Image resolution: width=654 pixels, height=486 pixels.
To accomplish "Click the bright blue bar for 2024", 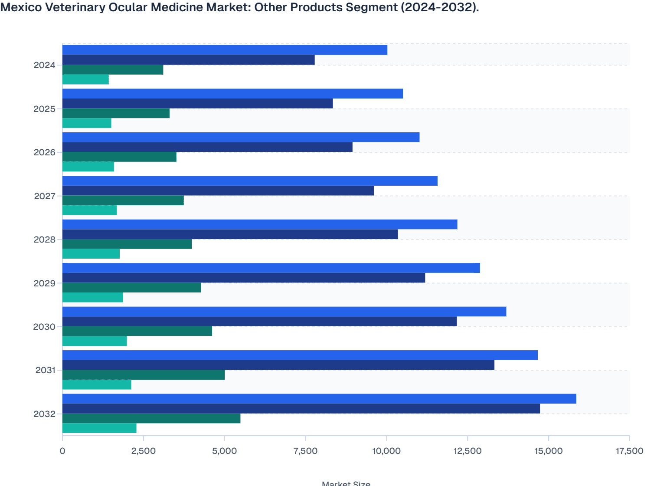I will [x=225, y=50].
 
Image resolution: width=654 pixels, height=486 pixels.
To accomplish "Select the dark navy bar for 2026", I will [x=207, y=147].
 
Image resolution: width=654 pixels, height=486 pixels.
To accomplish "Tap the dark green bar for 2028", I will [x=127, y=244].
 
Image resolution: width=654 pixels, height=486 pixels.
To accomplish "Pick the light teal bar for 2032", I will [x=99, y=428].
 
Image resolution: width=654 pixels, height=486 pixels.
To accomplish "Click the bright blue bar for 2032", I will [x=319, y=399].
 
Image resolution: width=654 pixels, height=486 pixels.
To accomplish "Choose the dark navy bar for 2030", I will [x=259, y=322].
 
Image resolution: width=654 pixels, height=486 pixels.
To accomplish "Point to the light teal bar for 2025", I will [x=87, y=123].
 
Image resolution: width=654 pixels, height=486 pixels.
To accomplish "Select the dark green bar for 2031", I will [x=144, y=375].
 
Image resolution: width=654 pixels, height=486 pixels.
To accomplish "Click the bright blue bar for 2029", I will [x=271, y=268].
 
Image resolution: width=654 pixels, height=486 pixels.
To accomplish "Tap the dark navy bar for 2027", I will [x=218, y=190].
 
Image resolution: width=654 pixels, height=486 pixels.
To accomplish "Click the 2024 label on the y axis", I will [x=45, y=66].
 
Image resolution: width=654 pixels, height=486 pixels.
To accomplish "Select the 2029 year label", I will [x=45, y=283].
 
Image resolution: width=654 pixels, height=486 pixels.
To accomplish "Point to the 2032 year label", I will [x=45, y=414].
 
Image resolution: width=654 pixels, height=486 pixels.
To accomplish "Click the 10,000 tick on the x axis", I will [x=386, y=451].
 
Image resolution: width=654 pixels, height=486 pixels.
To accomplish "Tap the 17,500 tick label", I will [x=629, y=451].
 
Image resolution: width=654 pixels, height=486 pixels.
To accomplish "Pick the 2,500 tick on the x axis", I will [x=144, y=451].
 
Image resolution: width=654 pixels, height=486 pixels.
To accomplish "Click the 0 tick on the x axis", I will [x=62, y=451].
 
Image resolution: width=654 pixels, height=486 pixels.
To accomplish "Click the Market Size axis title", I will [x=346, y=483].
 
